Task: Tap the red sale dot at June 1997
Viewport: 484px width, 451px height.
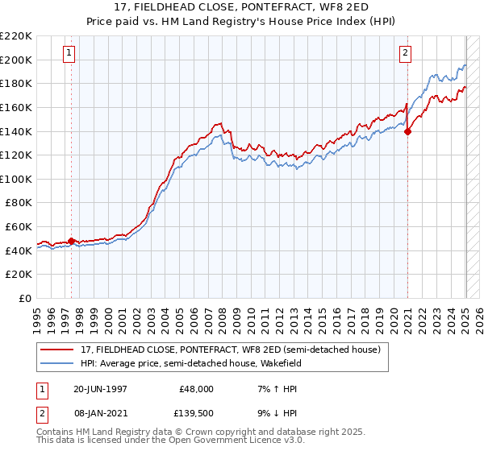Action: tap(71, 240)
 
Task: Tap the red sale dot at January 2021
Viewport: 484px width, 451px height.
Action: tap(407, 132)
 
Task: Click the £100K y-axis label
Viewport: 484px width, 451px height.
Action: tap(17, 179)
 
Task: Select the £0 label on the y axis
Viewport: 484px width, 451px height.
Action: tap(24, 298)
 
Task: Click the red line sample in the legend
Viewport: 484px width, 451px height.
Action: tap(56, 349)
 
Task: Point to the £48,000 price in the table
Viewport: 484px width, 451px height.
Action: tap(197, 388)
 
